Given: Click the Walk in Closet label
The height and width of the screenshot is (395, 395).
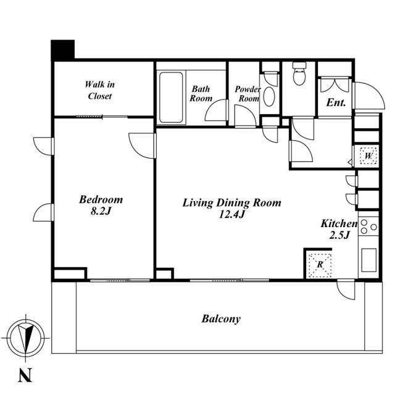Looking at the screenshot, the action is (100, 90).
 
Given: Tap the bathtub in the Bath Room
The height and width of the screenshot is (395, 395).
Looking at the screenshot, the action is (171, 98).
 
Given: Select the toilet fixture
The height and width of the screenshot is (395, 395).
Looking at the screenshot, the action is (299, 73).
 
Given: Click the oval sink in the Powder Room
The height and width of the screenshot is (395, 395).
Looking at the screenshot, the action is (269, 97).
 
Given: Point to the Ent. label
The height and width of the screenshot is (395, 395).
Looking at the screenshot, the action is (336, 103).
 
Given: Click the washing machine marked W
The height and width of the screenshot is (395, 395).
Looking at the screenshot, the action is (368, 156).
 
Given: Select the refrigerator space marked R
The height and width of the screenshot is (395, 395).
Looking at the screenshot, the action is (320, 265).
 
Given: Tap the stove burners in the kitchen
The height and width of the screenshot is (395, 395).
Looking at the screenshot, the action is (368, 227).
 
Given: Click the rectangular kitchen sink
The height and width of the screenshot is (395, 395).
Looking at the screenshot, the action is (369, 260).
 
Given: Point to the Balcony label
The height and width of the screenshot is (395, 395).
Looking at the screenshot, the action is (221, 319).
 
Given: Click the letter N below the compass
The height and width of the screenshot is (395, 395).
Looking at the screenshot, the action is (25, 375).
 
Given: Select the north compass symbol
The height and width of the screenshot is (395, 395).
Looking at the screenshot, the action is (26, 338).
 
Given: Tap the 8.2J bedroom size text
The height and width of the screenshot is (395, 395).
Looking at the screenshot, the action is (101, 211).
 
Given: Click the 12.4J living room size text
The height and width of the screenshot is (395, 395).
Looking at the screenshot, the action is (231, 214).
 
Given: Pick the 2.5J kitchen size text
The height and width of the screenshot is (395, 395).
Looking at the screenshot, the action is (339, 235).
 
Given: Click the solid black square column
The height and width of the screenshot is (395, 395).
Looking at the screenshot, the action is (63, 50).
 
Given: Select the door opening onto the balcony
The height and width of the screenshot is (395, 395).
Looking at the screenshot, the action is (346, 289).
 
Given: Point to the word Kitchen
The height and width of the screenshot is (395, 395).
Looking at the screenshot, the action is (339, 223).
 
